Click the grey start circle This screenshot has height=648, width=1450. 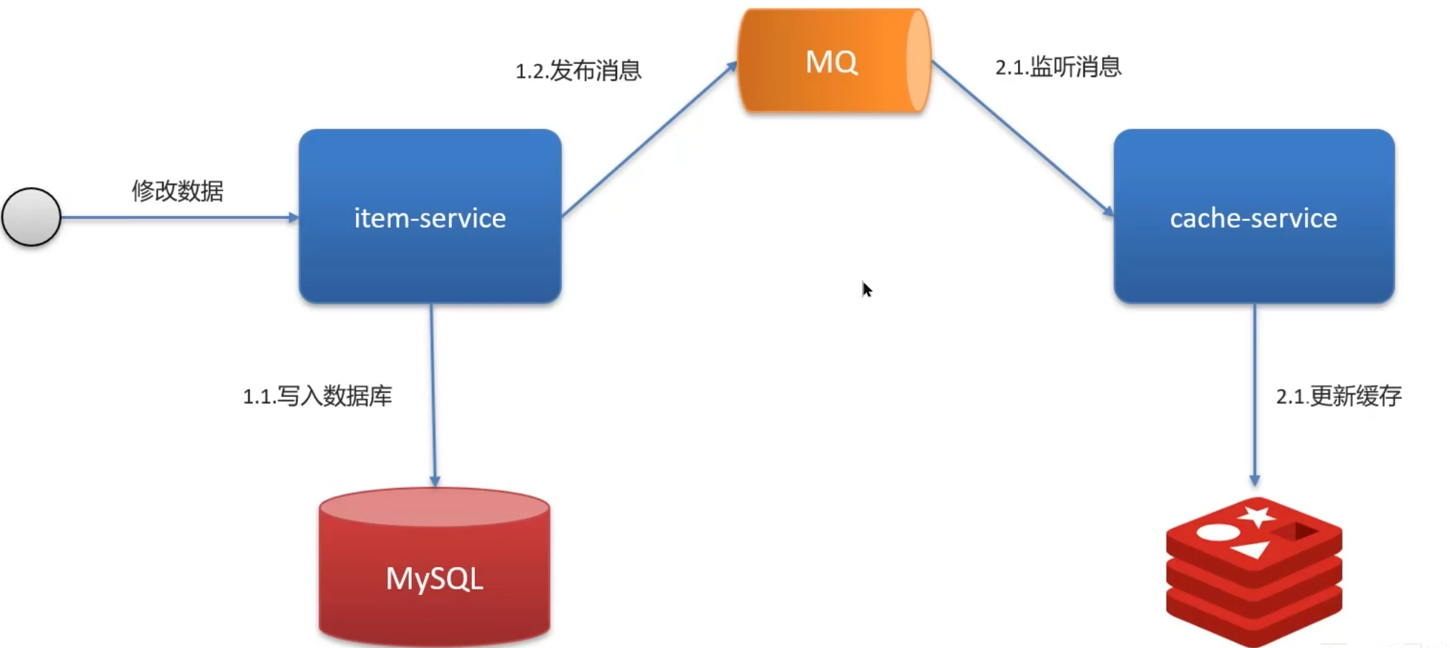pyautogui.click(x=32, y=217)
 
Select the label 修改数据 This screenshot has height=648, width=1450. pyautogui.click(x=177, y=191)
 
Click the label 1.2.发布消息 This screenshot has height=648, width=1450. pyautogui.click(x=578, y=70)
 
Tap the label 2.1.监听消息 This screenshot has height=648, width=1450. pyautogui.click(x=1058, y=67)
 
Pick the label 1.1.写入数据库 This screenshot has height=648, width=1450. pyautogui.click(x=317, y=395)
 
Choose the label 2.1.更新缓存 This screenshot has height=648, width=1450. pyautogui.click(x=1338, y=395)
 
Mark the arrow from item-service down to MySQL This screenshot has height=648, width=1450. pyautogui.click(x=433, y=395)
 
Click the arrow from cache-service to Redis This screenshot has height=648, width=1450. pyautogui.click(x=1254, y=395)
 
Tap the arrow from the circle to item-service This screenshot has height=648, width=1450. pyautogui.click(x=179, y=217)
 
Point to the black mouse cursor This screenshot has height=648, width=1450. pyautogui.click(x=867, y=289)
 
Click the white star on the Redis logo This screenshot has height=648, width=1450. pyautogui.click(x=1257, y=515)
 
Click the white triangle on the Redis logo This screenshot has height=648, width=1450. pyautogui.click(x=1253, y=550)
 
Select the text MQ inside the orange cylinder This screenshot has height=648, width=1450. pyautogui.click(x=831, y=62)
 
